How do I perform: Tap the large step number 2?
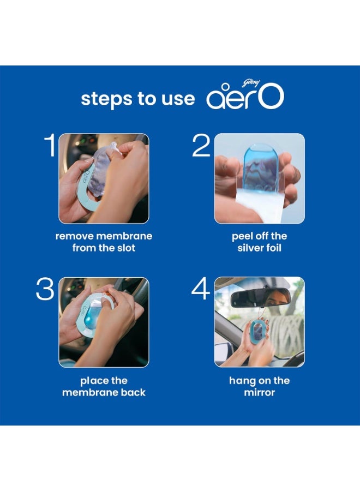point(201,146)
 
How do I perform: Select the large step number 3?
point(45,290)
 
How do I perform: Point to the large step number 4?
point(201,290)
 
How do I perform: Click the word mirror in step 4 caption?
point(259,392)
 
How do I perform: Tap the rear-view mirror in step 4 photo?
point(253,298)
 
